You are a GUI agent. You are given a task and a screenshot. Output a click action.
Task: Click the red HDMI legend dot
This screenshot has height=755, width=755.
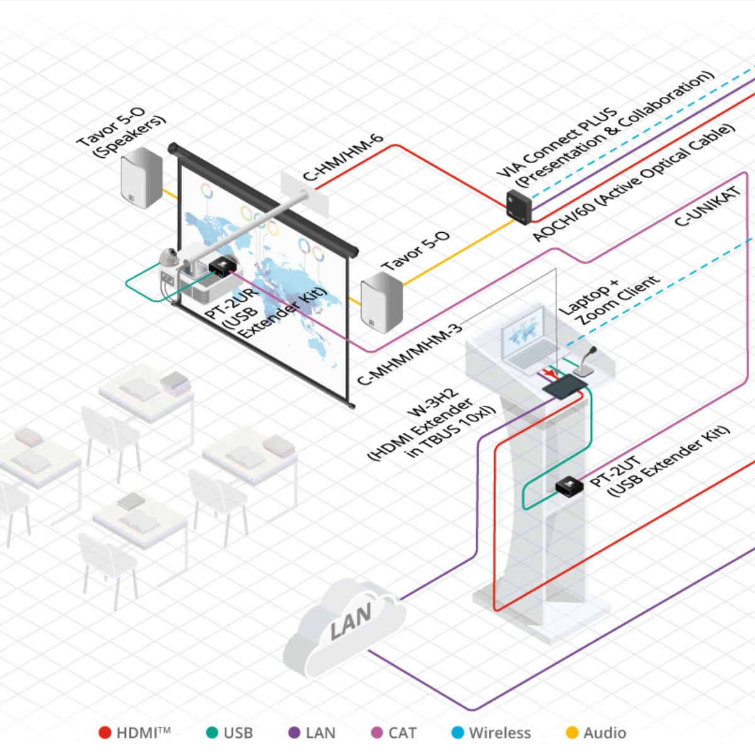click(105, 732)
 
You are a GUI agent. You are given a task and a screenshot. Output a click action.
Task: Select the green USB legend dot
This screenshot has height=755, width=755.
click(212, 732)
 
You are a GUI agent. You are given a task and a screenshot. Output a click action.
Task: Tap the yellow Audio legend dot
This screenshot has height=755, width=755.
click(572, 732)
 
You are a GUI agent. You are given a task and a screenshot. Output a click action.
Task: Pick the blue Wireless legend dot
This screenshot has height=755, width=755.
click(458, 732)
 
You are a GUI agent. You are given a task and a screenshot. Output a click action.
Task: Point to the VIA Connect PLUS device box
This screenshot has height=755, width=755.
click(519, 207)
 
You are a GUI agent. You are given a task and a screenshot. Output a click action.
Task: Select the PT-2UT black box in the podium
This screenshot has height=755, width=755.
click(568, 487)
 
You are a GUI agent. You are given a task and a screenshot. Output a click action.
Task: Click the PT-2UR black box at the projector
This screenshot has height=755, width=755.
click(222, 267)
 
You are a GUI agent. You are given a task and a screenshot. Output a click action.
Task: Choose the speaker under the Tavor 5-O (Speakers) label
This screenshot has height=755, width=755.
click(142, 177)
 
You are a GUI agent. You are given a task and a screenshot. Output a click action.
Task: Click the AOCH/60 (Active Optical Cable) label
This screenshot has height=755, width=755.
click(632, 182)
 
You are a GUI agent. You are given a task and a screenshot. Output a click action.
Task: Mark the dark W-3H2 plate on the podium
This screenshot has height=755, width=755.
click(565, 386)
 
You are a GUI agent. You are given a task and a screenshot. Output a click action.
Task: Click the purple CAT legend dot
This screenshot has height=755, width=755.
click(377, 732)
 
